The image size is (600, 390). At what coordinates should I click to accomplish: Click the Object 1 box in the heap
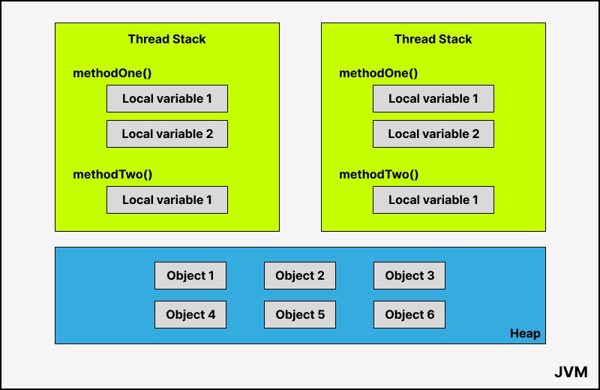click(190, 275)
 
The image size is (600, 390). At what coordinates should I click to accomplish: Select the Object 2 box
click(299, 275)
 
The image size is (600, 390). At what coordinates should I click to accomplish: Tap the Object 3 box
click(409, 275)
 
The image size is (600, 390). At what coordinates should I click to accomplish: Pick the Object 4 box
click(190, 314)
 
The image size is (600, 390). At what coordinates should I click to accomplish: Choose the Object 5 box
click(299, 314)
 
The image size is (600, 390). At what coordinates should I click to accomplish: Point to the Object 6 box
click(409, 314)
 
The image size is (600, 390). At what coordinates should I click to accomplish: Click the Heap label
click(525, 334)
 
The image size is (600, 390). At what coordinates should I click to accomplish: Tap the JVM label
click(571, 372)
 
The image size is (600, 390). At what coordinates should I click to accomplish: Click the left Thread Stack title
click(166, 39)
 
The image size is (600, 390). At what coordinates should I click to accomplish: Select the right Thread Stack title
click(433, 39)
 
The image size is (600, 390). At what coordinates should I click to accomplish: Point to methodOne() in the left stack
click(112, 73)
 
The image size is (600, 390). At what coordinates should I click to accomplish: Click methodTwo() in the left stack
click(112, 175)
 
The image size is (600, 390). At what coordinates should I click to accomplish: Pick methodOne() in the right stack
click(379, 73)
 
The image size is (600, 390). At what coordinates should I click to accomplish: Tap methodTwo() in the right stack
click(379, 175)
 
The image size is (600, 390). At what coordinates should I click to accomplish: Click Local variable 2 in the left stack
click(167, 134)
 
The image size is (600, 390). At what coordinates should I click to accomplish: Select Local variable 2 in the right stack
click(433, 134)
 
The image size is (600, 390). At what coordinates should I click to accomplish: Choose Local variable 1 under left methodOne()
click(167, 99)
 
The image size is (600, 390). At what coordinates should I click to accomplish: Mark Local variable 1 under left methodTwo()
click(167, 199)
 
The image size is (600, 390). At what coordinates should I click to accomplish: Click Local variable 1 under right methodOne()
click(433, 99)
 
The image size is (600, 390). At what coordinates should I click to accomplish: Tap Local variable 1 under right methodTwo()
click(433, 199)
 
